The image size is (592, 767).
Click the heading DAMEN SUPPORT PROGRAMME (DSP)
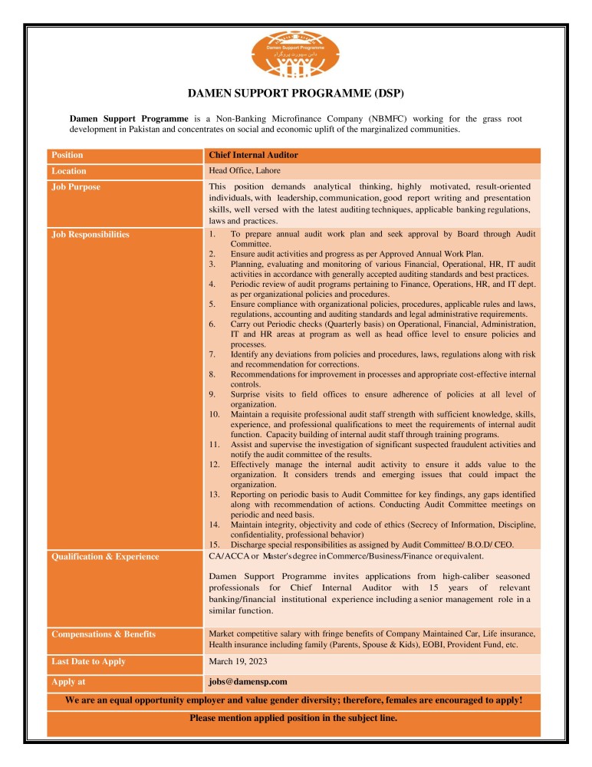[x=296, y=94]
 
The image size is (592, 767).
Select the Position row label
[x=67, y=155]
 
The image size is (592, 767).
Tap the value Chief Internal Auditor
[x=253, y=155]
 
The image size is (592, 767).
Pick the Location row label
[x=69, y=171]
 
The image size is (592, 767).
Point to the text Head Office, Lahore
[x=245, y=170]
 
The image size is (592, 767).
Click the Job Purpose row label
[x=76, y=186]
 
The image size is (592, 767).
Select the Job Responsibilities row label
[x=90, y=234]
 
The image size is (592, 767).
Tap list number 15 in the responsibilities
[x=215, y=544]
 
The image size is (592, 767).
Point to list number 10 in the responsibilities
[x=215, y=414]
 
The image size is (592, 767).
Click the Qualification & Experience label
[x=105, y=557]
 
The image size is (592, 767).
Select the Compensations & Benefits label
[x=104, y=634]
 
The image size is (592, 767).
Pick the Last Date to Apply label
[x=88, y=661]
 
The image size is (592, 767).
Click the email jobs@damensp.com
[x=248, y=681]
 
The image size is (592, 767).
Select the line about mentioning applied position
[x=294, y=719]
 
